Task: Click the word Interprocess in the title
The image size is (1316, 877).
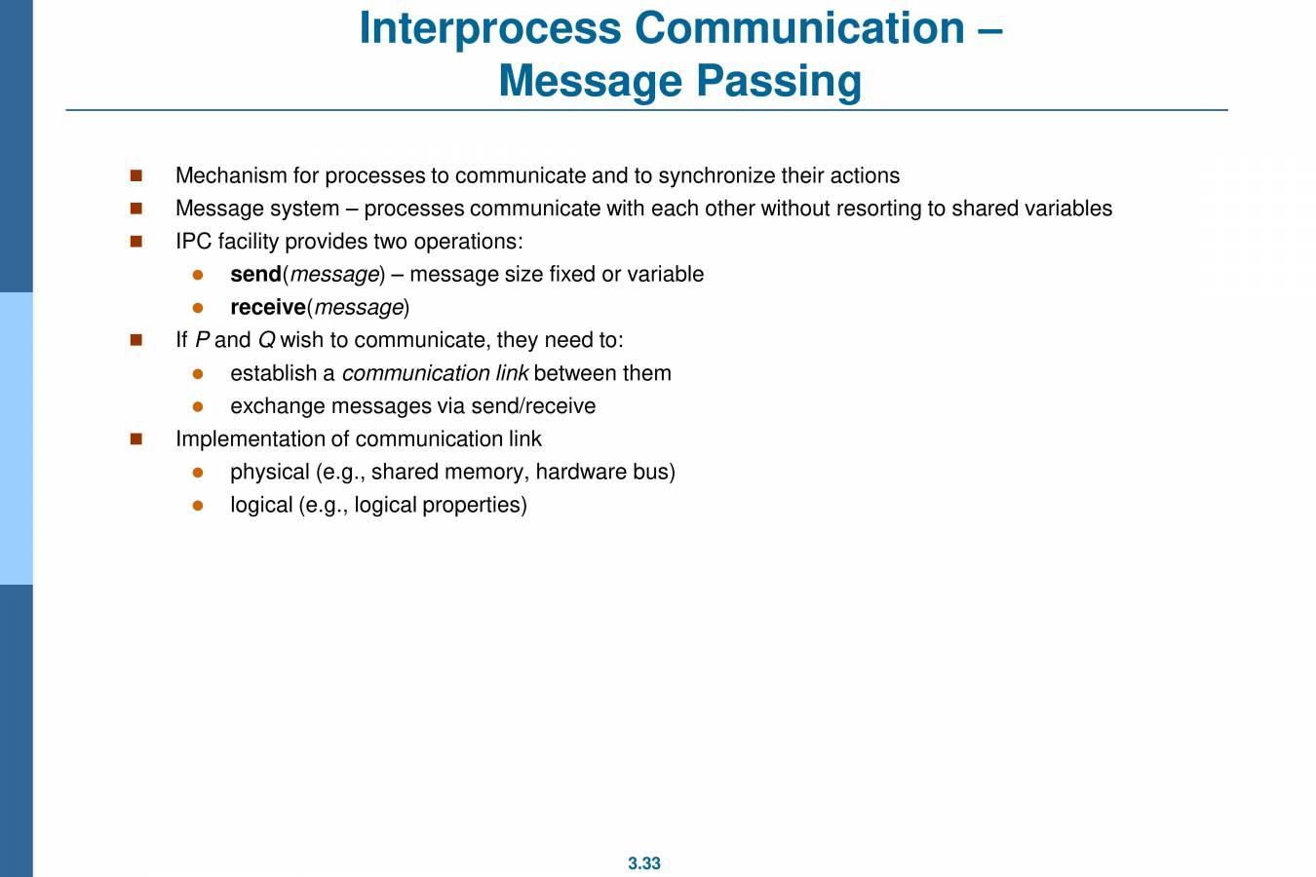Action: click(489, 28)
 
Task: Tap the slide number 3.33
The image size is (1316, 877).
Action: click(644, 863)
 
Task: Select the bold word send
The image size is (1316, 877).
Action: click(255, 275)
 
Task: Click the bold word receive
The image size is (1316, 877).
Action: click(268, 308)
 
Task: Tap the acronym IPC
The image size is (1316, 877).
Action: click(193, 242)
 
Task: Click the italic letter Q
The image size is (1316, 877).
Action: click(266, 340)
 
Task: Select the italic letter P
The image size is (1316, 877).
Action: click(202, 340)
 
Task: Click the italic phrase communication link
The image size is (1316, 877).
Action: click(435, 373)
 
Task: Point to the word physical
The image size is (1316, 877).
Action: click(270, 473)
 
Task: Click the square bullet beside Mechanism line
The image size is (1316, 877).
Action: click(135, 176)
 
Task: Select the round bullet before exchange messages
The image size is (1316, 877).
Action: click(198, 406)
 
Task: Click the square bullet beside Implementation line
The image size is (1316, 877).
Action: click(135, 439)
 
